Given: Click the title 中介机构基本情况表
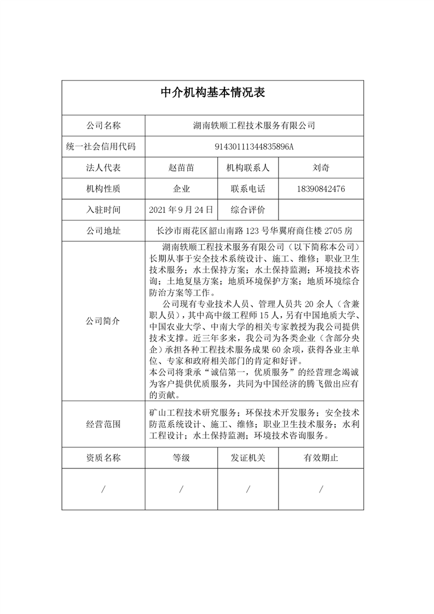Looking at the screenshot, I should pyautogui.click(x=212, y=92).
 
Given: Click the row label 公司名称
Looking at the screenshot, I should pyautogui.click(x=103, y=126).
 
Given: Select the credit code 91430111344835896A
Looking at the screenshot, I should pyautogui.click(x=254, y=147).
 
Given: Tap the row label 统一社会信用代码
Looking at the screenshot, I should pyautogui.click(x=103, y=147).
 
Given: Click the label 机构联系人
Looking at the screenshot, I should pyautogui.click(x=248, y=168).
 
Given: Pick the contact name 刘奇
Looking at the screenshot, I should pyautogui.click(x=321, y=168).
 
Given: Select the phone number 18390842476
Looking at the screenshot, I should pyautogui.click(x=321, y=189).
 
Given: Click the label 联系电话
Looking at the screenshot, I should pyautogui.click(x=248, y=189).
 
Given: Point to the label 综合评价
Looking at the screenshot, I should pyautogui.click(x=248, y=210).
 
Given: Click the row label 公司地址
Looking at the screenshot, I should pyautogui.click(x=103, y=230).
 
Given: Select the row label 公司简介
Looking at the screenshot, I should pyautogui.click(x=103, y=321).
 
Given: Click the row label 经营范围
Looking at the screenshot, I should pyautogui.click(x=103, y=424).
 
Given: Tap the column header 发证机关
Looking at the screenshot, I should pyautogui.click(x=248, y=457).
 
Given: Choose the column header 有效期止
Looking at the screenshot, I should pyautogui.click(x=321, y=457).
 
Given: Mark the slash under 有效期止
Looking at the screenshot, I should pyautogui.click(x=321, y=489).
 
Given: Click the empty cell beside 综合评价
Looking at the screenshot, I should pyautogui.click(x=321, y=210).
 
